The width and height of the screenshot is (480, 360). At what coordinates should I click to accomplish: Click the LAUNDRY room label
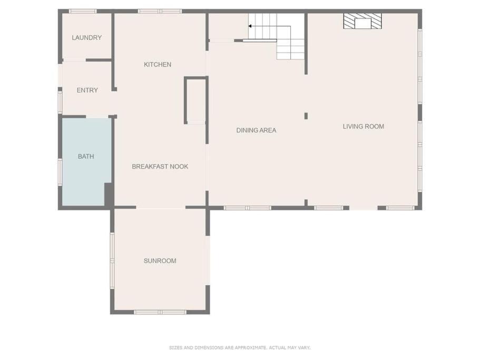point(86,37)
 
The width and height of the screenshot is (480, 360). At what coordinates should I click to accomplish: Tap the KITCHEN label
point(158,64)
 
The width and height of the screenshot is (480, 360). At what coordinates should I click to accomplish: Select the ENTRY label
point(87,90)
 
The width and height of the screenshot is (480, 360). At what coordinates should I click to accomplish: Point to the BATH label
point(86,157)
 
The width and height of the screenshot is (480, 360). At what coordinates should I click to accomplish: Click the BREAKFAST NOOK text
point(160,166)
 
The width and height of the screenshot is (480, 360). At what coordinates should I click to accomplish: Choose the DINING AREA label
point(256,130)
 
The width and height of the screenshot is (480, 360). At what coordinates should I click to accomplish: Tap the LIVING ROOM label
point(364,126)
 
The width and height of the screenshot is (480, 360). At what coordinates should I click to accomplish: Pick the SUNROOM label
point(160,261)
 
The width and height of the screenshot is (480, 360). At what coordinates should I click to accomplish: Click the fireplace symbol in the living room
point(363,21)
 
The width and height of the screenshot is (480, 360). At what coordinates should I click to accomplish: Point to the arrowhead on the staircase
point(250,26)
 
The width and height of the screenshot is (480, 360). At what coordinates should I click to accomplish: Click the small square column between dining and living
point(306,116)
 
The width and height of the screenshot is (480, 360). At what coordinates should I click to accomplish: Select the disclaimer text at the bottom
point(240,347)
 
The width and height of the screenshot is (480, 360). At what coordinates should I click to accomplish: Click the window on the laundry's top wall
point(83,11)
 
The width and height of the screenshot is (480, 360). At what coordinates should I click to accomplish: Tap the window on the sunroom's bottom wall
point(160,312)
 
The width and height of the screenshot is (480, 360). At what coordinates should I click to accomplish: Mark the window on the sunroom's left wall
point(112,260)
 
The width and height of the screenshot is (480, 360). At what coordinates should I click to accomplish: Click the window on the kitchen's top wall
point(160,11)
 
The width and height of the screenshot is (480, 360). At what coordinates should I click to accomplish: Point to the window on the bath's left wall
point(60,172)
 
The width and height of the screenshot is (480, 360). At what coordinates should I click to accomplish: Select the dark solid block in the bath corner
point(109,194)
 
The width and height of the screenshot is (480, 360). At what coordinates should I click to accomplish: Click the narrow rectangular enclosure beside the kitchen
point(196,100)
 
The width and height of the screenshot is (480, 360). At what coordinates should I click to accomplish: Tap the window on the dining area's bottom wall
point(247,208)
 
